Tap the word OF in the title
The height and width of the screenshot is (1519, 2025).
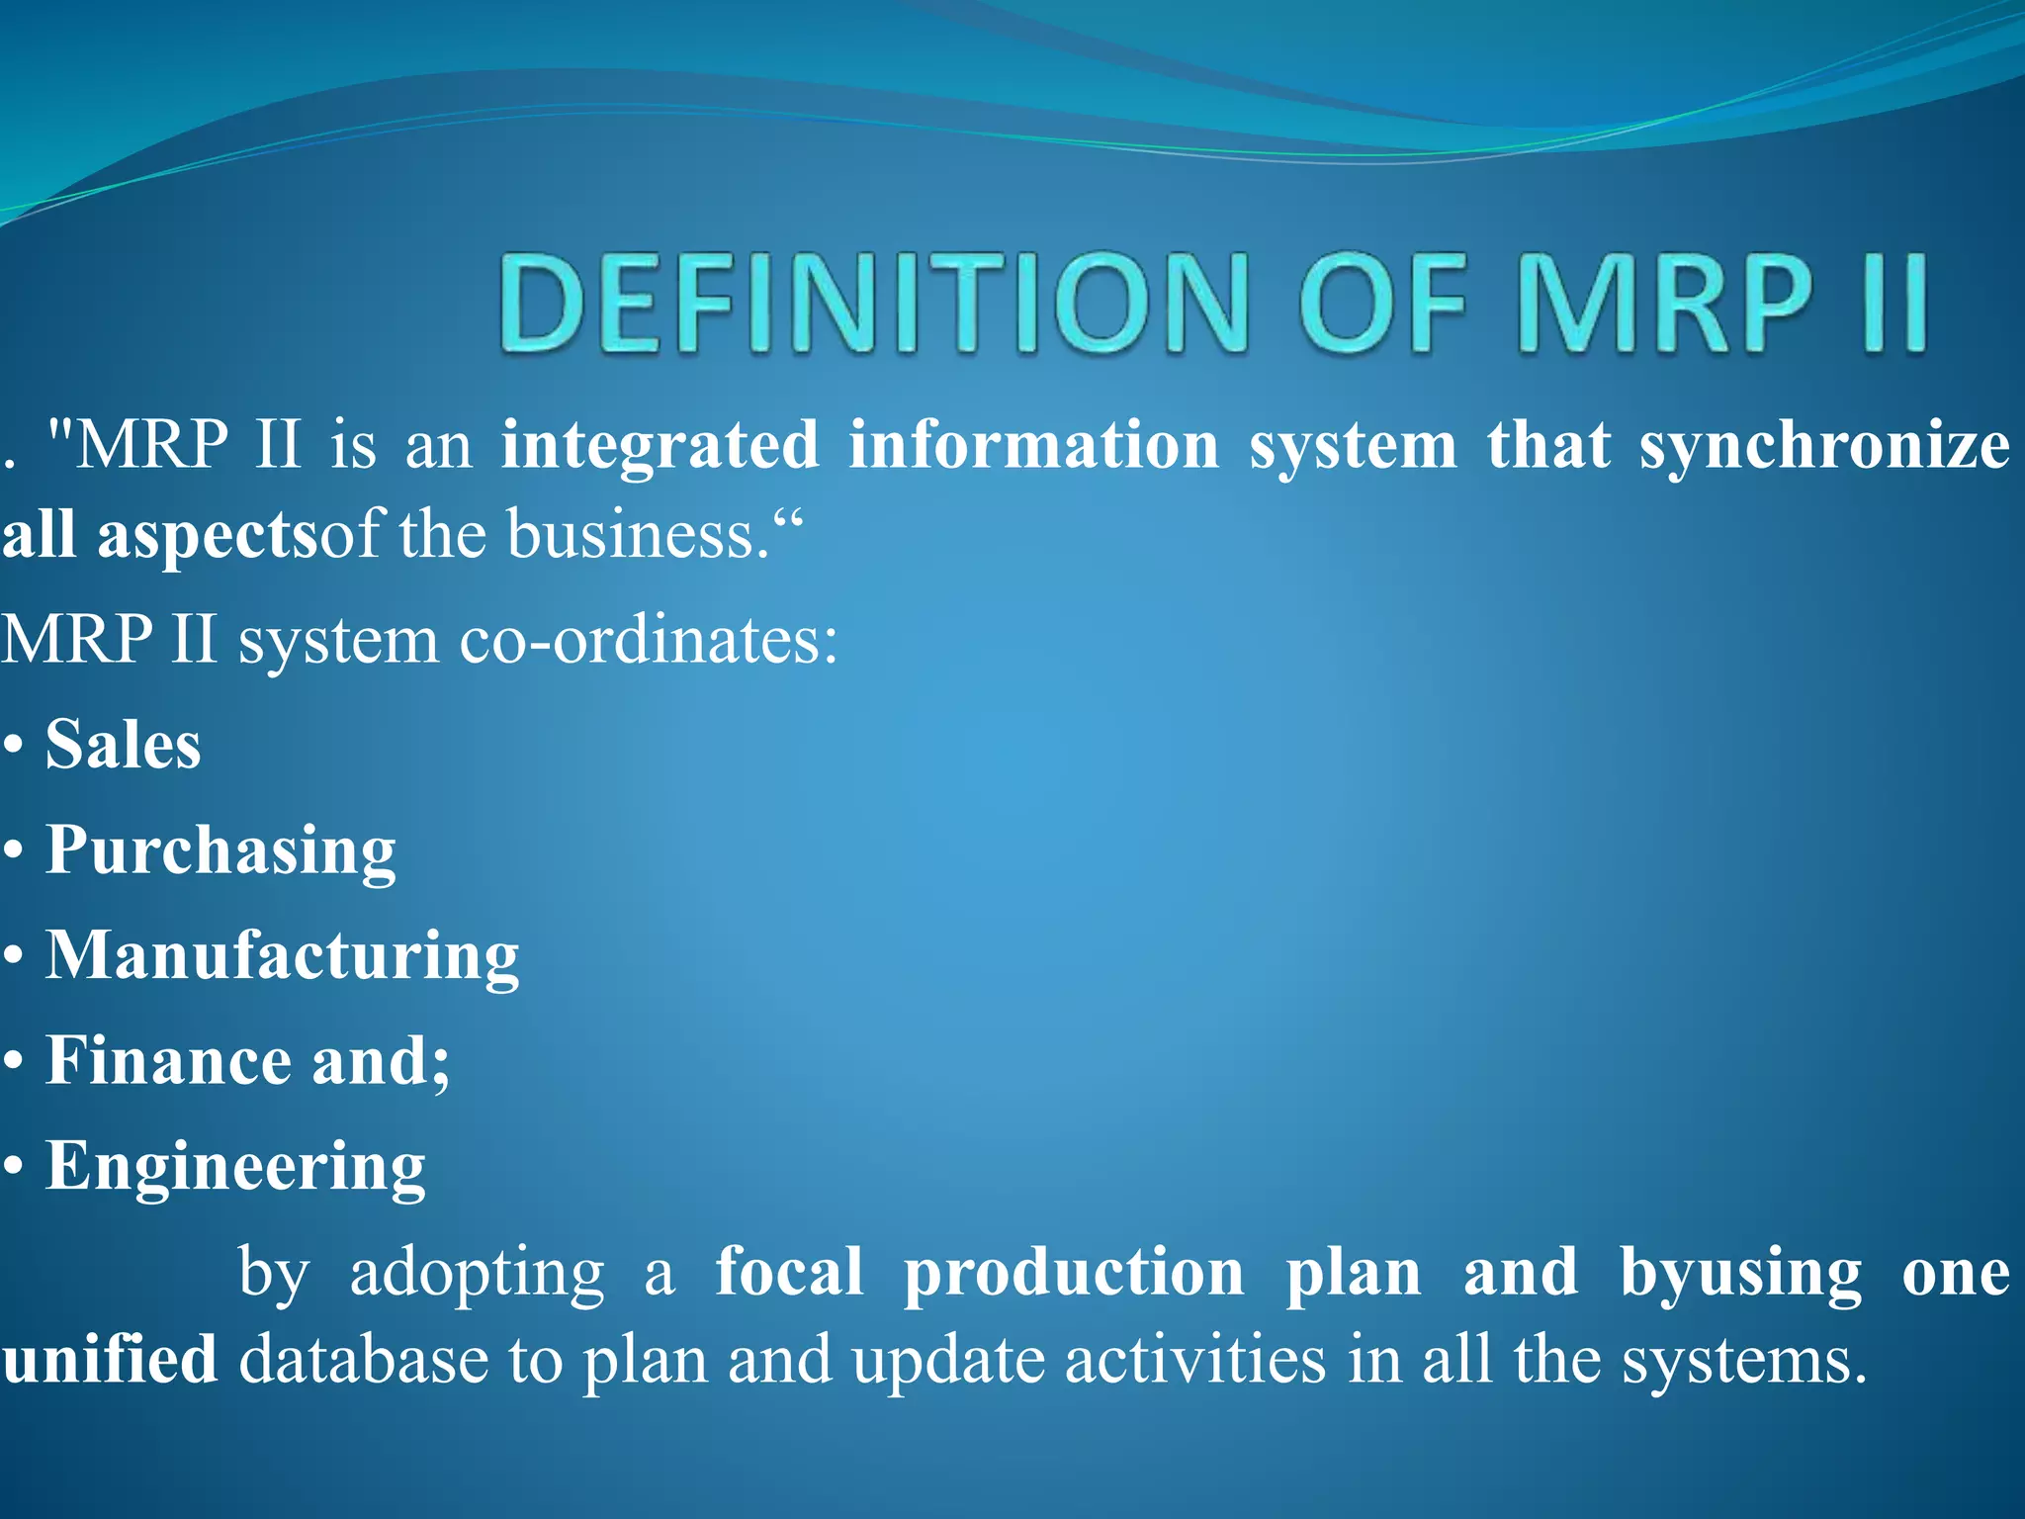[x=1382, y=302]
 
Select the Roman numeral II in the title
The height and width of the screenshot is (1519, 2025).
[x=1894, y=302]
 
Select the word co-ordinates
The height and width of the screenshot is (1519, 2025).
[x=647, y=640]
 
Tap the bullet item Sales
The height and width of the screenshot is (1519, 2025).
[x=124, y=745]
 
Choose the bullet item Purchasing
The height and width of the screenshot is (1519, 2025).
[x=220, y=850]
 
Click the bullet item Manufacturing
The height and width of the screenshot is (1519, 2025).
[x=283, y=956]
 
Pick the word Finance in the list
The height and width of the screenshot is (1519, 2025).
[x=169, y=1061]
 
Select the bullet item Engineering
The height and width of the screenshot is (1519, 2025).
[x=235, y=1167]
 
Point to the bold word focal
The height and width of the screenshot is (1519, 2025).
[x=789, y=1272]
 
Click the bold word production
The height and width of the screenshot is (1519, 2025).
[x=1074, y=1274]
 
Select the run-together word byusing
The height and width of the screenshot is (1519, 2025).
[x=1740, y=1274]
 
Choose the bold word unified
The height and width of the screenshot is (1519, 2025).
[x=109, y=1360]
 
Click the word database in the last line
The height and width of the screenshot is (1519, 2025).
[x=363, y=1360]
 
